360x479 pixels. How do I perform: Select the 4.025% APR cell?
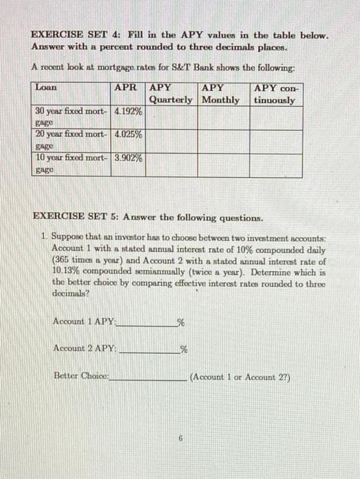[129, 135]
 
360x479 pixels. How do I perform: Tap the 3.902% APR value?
[129, 157]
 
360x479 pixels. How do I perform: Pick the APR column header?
[127, 88]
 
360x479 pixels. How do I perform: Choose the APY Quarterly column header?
[171, 94]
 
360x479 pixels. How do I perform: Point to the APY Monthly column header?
[222, 94]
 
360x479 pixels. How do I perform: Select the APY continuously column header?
[275, 94]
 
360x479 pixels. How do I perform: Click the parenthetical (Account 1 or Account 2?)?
[242, 376]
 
